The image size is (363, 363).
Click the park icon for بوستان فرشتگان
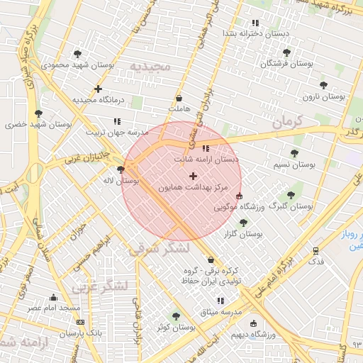coord(286,52)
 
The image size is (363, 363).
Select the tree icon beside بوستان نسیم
coord(294,153)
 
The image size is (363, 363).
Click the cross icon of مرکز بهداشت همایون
coord(193,175)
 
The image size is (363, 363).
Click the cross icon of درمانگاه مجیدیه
coord(98,89)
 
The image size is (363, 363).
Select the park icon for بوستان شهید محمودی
coord(77,54)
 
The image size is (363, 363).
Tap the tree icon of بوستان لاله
coord(121,169)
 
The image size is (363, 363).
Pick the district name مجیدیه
coord(150,67)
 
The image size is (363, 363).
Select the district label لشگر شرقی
coord(160,249)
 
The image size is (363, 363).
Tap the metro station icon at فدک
coord(315,250)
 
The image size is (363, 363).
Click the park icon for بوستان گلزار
coord(243,223)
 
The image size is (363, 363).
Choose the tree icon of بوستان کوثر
coord(176,316)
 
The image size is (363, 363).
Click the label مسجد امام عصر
coord(54,308)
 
